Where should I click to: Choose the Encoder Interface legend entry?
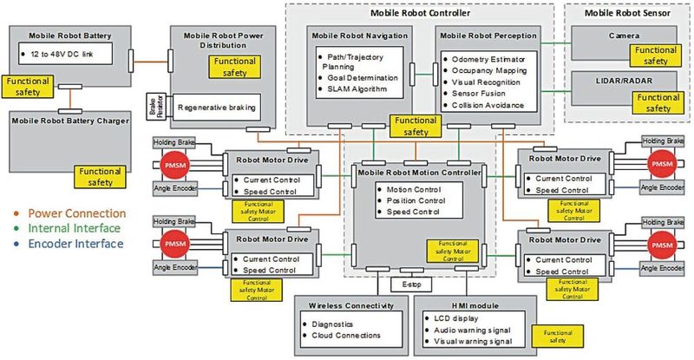click(68, 245)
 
